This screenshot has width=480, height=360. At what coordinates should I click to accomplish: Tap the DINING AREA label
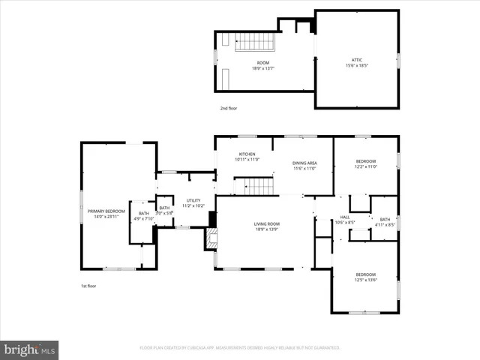(304, 164)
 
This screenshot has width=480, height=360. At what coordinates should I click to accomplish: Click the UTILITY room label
(193, 200)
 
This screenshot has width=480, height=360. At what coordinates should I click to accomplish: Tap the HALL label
(345, 218)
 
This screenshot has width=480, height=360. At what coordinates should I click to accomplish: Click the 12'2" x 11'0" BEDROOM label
(365, 162)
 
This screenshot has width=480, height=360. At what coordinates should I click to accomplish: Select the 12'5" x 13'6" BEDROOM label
(365, 274)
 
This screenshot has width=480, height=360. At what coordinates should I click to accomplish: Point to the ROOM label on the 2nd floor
(263, 63)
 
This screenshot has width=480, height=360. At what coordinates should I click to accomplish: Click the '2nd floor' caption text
(228, 109)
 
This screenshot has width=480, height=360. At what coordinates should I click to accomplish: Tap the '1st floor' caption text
(88, 286)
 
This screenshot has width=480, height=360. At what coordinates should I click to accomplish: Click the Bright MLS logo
(30, 349)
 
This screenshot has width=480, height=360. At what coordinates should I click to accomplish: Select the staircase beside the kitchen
(256, 185)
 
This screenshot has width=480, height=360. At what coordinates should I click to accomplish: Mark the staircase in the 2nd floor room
(253, 44)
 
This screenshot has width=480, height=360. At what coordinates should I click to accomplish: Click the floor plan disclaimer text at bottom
(240, 348)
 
